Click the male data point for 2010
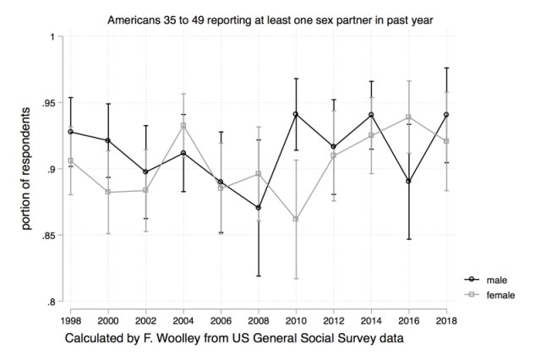point(296,114)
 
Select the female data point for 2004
point(183,125)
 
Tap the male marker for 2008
point(258,208)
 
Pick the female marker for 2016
point(408,117)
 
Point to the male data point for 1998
point(70,132)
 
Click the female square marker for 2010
point(296,219)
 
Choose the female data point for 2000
point(107,192)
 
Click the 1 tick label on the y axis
point(52,37)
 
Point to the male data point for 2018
point(446,115)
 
